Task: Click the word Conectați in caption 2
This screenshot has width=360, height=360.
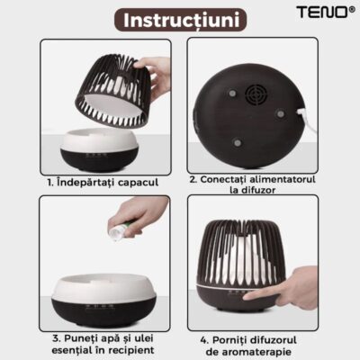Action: coord(225,179)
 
